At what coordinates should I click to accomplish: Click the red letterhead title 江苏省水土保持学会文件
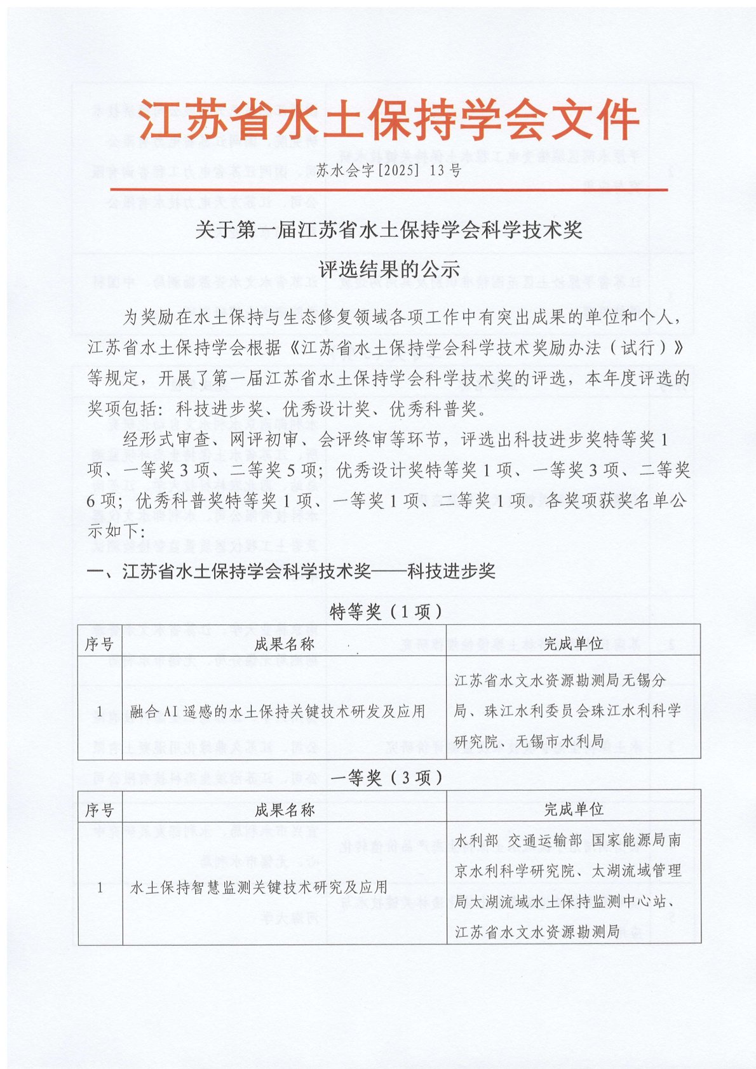388,120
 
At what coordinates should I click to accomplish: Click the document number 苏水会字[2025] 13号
388,170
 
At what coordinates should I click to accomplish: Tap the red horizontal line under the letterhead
388,189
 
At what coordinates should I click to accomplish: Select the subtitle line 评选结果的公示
388,269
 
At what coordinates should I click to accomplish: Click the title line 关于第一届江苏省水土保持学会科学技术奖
388,229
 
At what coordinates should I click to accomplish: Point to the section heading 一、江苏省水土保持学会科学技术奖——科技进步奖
291,571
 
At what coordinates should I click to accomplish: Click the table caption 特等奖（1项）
387,612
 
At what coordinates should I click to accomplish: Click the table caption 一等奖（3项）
387,777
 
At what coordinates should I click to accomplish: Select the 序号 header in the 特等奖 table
100,644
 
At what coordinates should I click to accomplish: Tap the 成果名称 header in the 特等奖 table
284,644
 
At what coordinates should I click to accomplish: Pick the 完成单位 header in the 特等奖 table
573,643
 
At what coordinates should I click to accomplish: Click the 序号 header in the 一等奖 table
100,810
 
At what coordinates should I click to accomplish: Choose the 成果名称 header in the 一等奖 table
284,810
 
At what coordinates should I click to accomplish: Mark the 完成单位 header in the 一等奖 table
573,809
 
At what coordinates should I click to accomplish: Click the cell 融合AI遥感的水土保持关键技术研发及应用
278,711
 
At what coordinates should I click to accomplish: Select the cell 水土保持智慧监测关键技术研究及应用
259,887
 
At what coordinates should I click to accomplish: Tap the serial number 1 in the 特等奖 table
100,711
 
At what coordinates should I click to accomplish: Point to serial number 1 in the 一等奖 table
100,887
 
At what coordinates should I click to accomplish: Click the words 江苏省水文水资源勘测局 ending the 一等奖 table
537,931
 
